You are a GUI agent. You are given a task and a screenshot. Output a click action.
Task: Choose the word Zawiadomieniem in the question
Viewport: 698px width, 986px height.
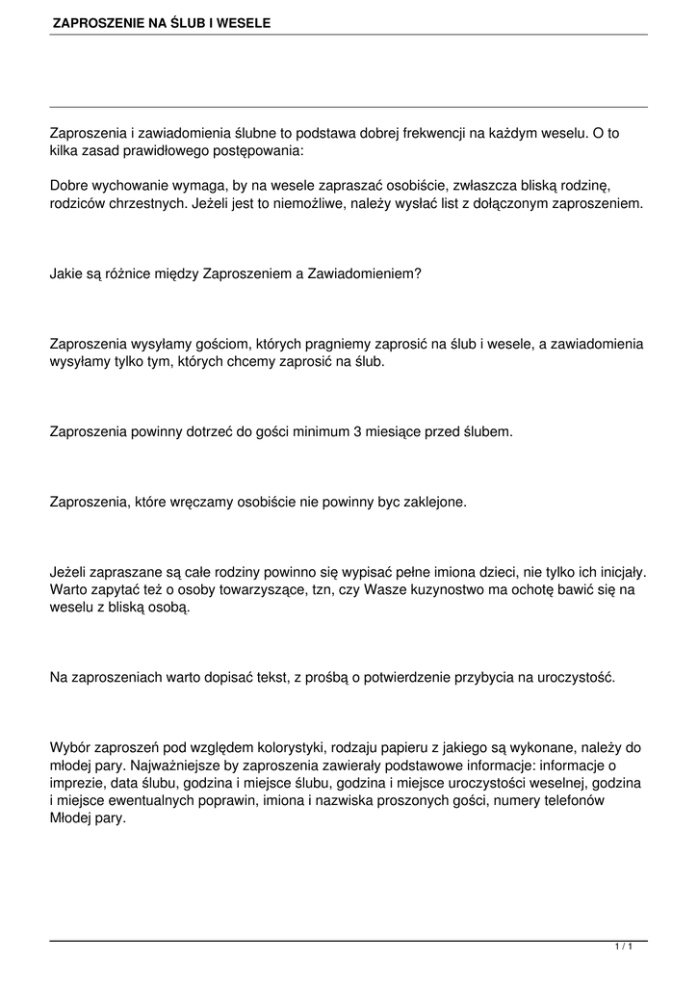point(364,273)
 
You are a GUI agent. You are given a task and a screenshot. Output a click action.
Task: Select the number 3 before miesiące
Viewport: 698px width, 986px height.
point(357,431)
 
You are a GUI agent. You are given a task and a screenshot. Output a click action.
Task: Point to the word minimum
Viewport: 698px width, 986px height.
point(318,431)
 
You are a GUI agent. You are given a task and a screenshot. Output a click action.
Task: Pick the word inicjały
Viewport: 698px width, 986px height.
point(616,571)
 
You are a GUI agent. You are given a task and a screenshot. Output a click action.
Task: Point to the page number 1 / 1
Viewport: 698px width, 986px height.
point(624,947)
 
